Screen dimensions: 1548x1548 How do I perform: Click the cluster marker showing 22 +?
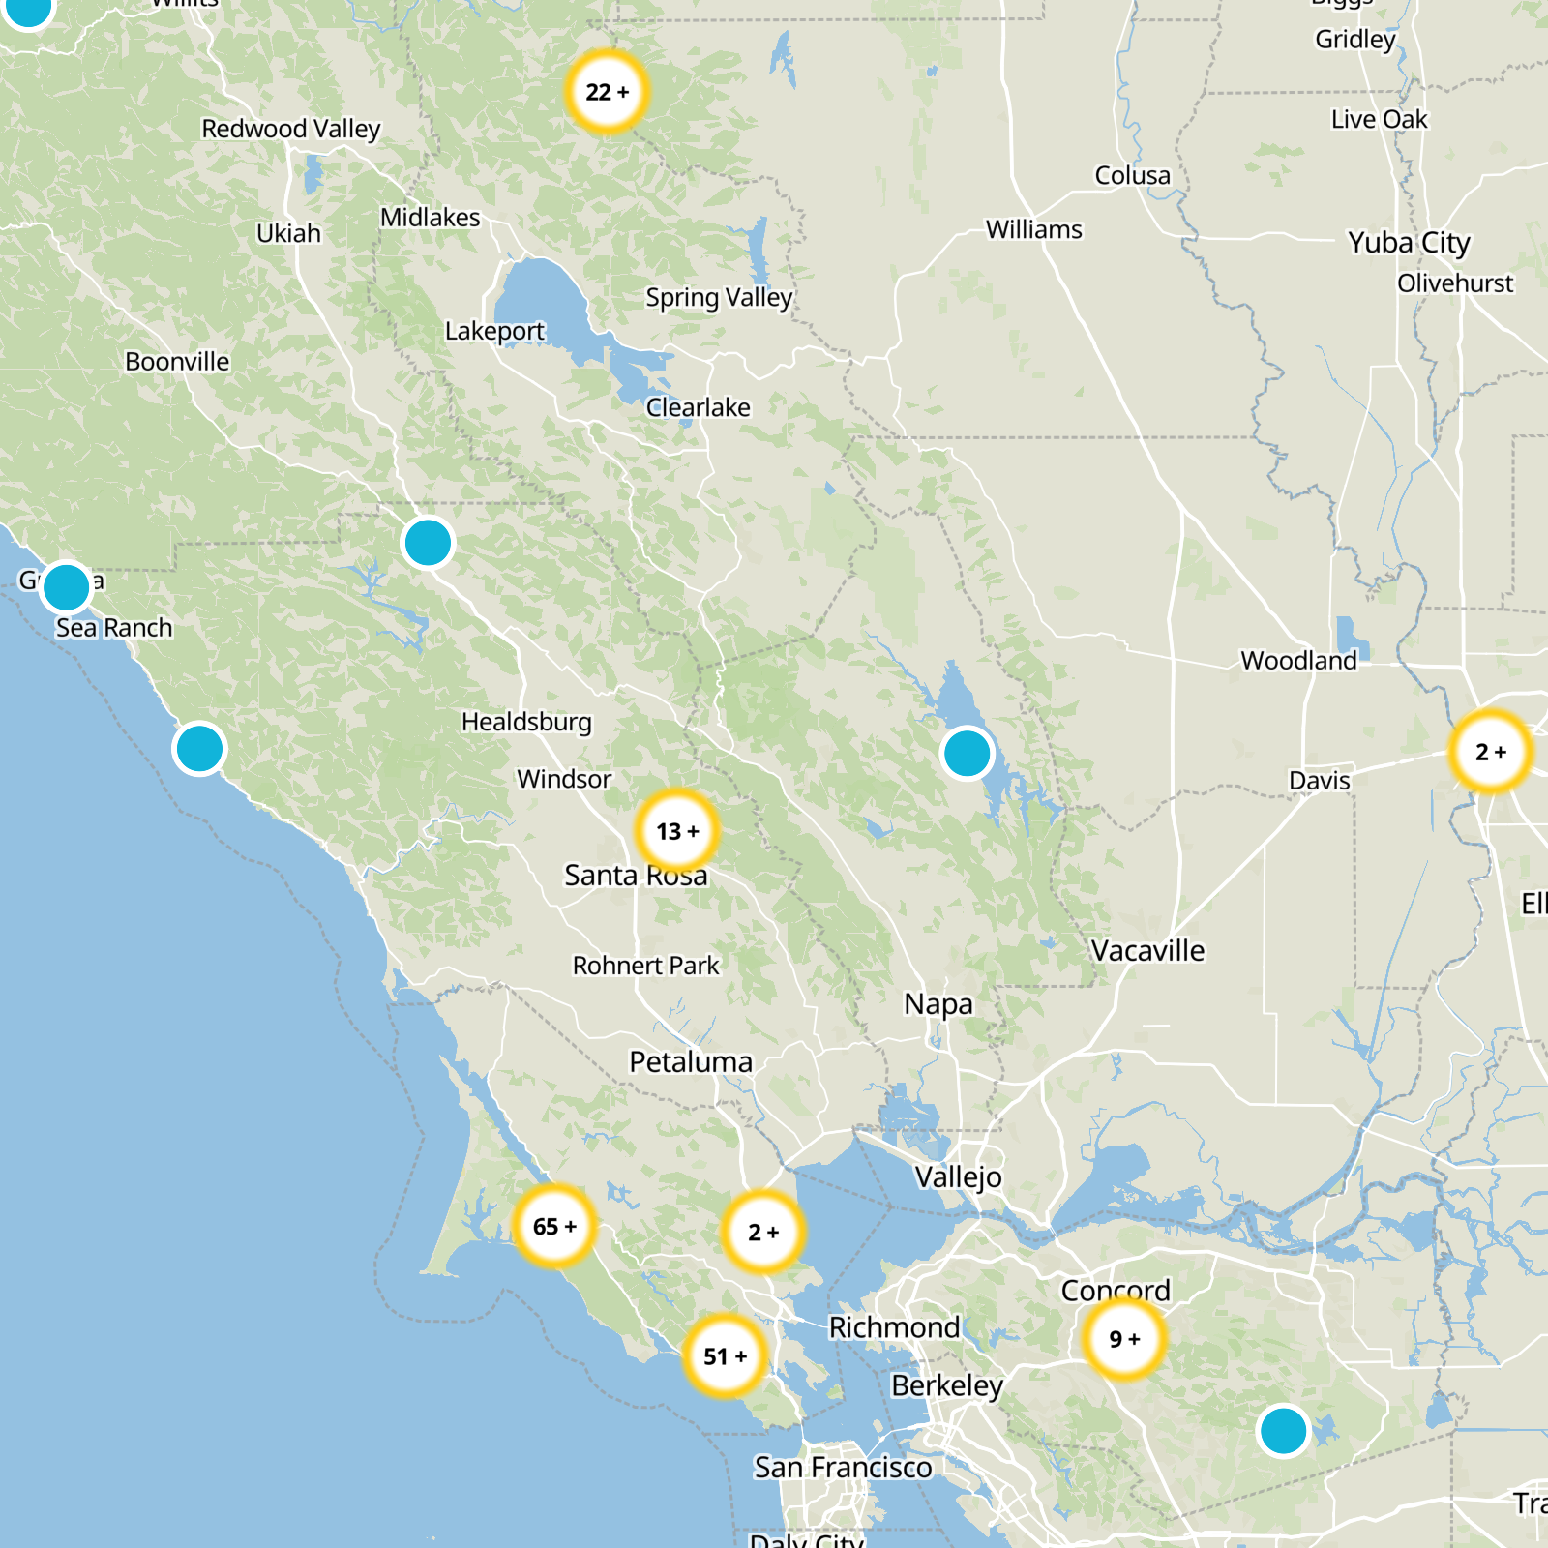607,92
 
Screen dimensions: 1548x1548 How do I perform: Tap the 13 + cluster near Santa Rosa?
677,831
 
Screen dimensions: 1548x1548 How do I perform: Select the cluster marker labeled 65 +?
554,1227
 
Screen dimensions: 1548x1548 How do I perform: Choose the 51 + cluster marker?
725,1356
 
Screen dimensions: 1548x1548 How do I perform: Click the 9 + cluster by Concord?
1124,1339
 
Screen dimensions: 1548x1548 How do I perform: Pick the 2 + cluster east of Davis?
1491,752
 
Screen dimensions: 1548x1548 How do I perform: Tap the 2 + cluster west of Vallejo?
763,1232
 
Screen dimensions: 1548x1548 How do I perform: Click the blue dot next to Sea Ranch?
66,586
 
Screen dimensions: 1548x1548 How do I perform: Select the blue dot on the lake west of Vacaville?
967,753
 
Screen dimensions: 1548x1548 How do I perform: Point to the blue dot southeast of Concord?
1283,1430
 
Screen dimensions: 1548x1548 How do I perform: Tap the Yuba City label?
1409,243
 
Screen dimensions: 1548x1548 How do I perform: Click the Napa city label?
938,1004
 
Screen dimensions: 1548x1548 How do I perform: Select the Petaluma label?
691,1062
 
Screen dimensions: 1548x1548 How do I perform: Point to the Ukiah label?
288,233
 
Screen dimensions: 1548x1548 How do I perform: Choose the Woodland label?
1298,661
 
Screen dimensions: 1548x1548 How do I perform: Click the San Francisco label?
843,1468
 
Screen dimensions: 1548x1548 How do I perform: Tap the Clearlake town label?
698,407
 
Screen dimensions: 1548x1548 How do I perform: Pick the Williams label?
1034,229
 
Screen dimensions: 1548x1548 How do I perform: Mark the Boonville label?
177,362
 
